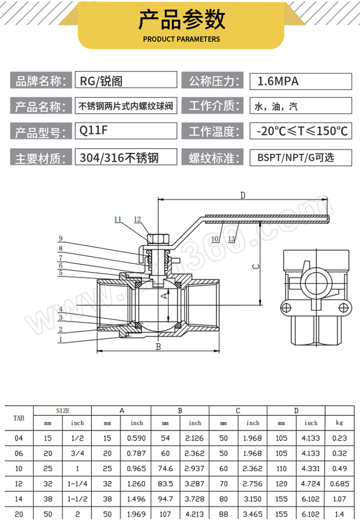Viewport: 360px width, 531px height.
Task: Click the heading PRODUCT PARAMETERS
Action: [x=181, y=39]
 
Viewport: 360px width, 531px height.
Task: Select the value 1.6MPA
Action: [x=278, y=81]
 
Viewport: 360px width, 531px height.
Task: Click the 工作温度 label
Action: [x=212, y=132]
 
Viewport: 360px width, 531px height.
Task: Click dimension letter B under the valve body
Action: [x=158, y=346]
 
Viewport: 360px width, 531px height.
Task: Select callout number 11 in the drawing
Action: [x=118, y=219]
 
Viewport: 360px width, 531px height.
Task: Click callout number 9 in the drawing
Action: [x=60, y=238]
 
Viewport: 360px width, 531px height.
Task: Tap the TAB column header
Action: [x=19, y=418]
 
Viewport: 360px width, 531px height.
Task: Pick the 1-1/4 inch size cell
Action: [x=77, y=484]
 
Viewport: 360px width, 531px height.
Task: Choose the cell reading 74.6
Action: [x=166, y=469]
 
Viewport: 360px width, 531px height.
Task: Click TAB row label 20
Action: [x=18, y=514]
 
